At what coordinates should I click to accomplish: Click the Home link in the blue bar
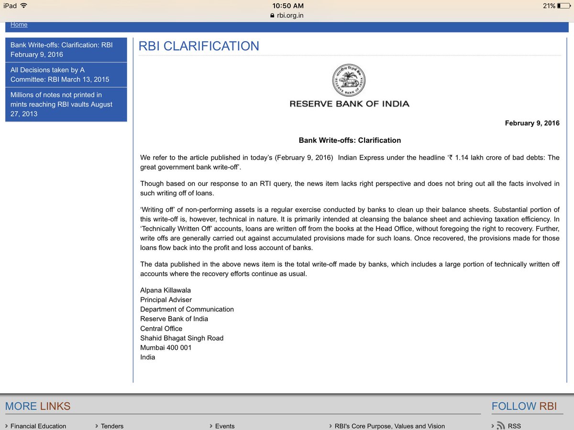19,24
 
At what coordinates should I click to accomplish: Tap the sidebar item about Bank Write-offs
66,50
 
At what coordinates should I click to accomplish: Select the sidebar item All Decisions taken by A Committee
66,75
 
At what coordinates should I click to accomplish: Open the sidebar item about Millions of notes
66,104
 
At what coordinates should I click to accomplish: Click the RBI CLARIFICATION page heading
199,46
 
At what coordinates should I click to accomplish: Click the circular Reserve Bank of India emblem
349,80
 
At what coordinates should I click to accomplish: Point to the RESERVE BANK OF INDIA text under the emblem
349,104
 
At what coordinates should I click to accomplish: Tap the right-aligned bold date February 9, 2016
532,123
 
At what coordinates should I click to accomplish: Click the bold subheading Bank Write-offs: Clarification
350,140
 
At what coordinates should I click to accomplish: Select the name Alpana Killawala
166,290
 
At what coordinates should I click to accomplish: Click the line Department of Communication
187,309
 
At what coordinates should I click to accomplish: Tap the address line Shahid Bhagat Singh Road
182,338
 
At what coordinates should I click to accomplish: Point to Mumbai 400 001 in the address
166,347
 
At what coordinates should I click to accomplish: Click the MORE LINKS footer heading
38,406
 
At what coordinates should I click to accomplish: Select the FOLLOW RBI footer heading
524,406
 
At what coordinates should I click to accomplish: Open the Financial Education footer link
38,426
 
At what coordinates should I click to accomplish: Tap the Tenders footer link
112,426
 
